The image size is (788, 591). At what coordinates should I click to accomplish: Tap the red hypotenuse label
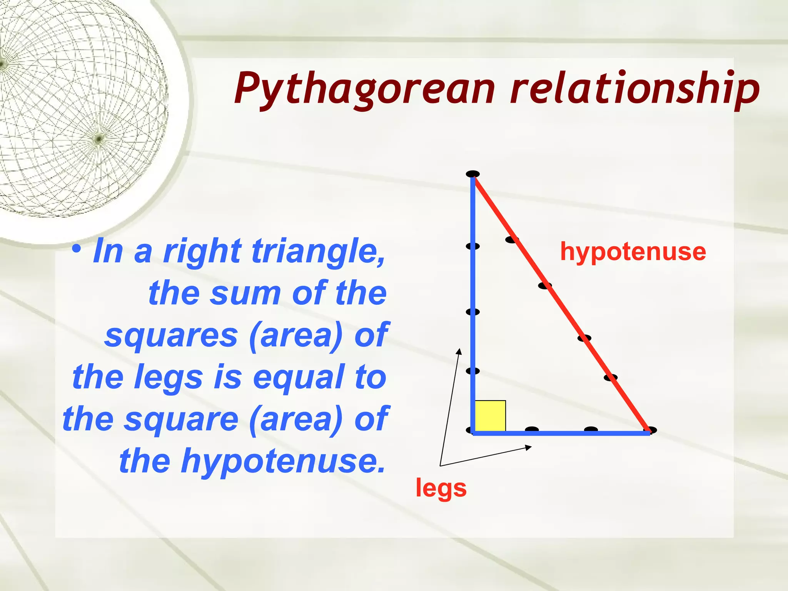pyautogui.click(x=633, y=252)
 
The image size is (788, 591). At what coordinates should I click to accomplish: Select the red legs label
pyautogui.click(x=441, y=488)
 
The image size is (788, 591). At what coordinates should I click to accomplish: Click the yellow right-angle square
pyautogui.click(x=490, y=416)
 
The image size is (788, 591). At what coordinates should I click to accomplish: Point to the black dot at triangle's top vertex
pyautogui.click(x=472, y=174)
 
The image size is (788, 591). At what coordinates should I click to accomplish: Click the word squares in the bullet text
pyautogui.click(x=171, y=336)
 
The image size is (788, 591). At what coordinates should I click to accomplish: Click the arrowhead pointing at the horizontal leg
pyautogui.click(x=529, y=447)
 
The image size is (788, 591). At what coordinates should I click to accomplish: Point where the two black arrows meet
pyautogui.click(x=441, y=466)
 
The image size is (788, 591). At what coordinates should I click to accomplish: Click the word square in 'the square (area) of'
pyautogui.click(x=181, y=419)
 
